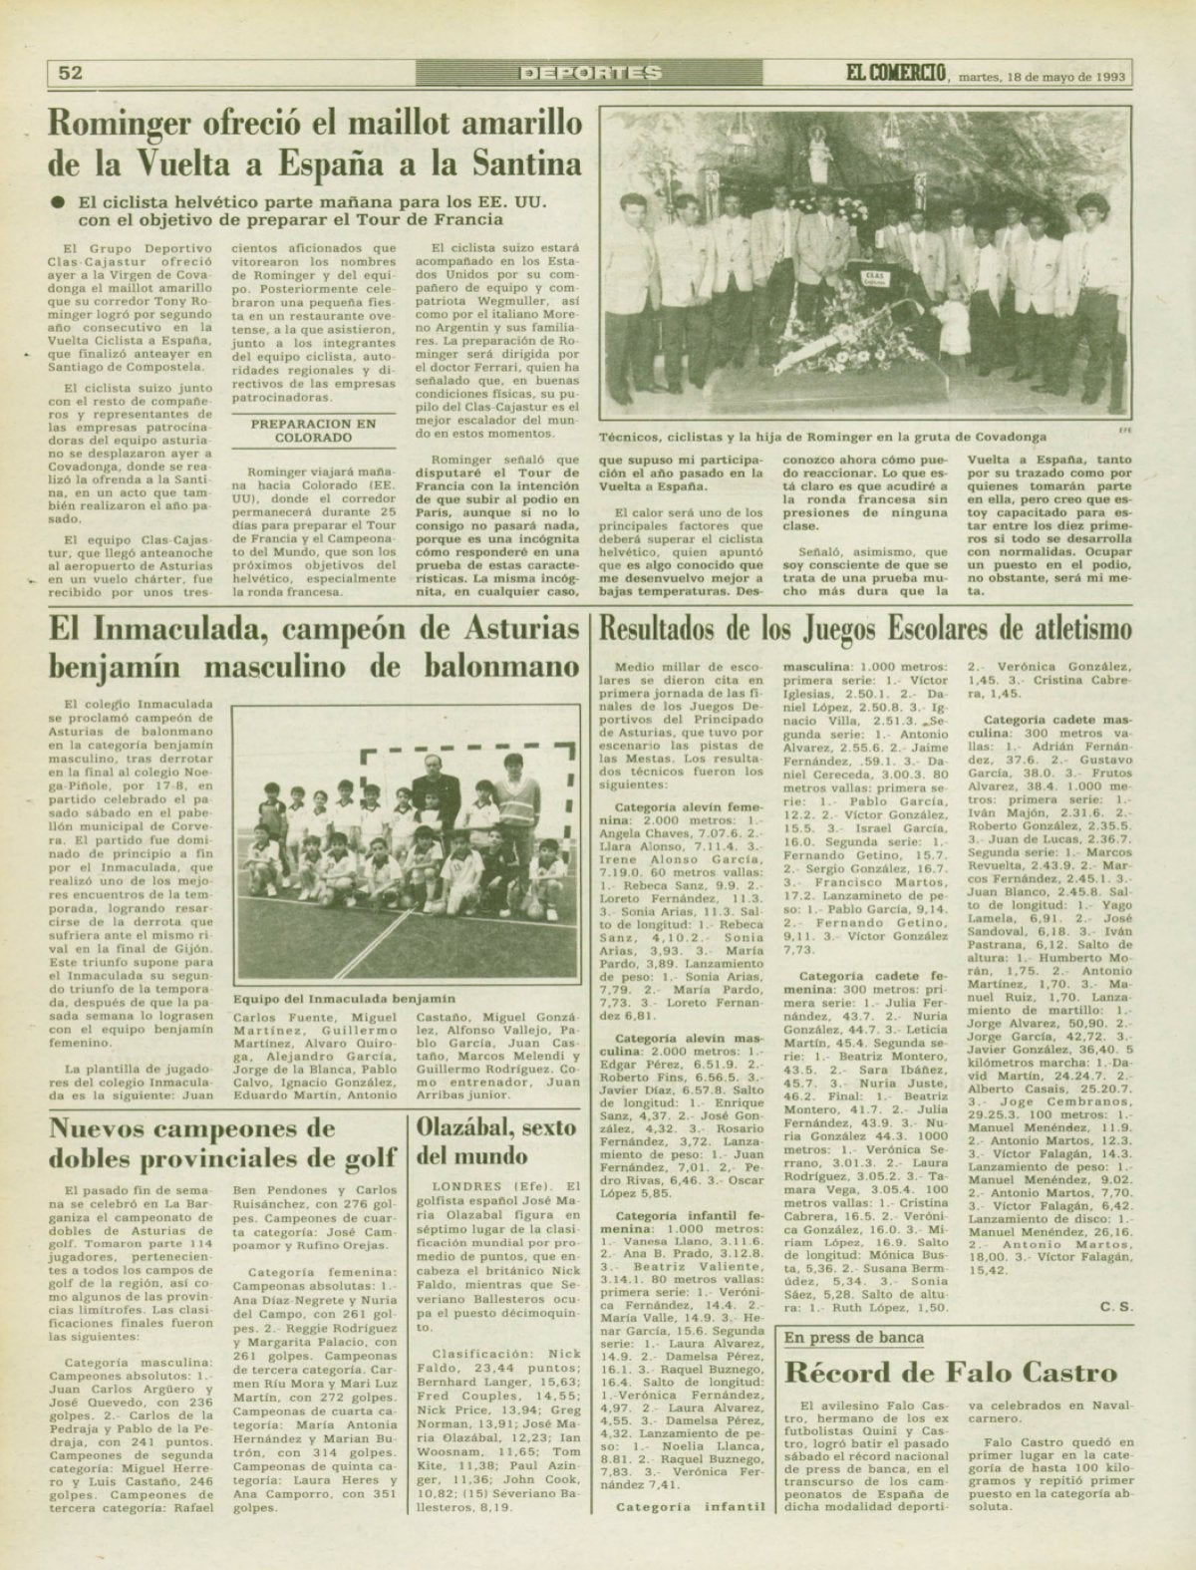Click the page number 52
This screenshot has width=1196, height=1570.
70,72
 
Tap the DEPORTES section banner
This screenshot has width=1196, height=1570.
591,72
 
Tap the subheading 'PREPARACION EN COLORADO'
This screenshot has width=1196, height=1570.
314,430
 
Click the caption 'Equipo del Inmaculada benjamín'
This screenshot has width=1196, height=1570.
343,998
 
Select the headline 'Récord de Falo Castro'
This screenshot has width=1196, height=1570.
951,1373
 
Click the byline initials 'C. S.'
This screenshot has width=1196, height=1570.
1117,1306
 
